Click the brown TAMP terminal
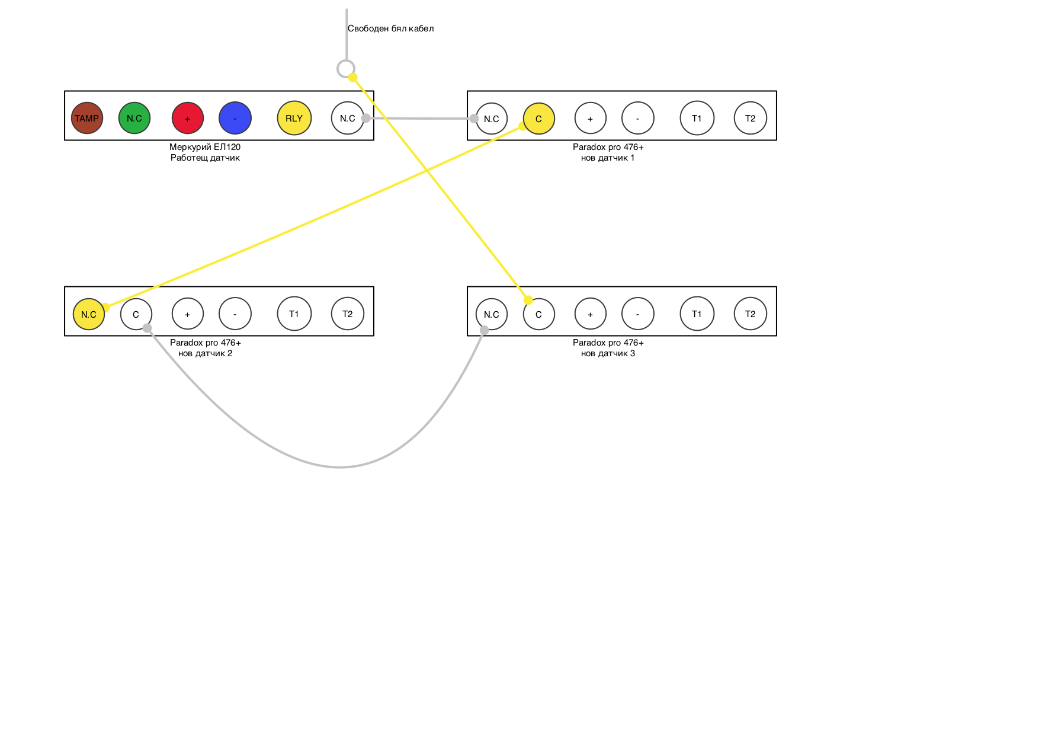point(87,118)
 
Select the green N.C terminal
point(134,118)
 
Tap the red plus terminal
point(188,118)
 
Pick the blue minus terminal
point(235,118)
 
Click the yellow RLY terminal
point(294,118)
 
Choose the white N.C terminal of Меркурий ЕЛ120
point(348,118)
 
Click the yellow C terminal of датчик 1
point(539,119)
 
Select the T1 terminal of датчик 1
point(697,118)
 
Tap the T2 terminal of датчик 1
point(751,118)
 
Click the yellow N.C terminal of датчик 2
point(89,314)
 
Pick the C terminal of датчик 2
point(136,314)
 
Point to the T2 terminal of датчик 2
point(348,314)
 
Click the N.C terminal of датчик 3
point(492,314)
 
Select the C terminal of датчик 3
point(539,314)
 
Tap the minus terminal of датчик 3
point(638,314)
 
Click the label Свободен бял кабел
point(390,28)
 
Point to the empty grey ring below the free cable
point(346,69)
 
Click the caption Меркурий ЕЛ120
point(205,147)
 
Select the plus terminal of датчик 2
point(188,314)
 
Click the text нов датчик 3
point(608,353)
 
